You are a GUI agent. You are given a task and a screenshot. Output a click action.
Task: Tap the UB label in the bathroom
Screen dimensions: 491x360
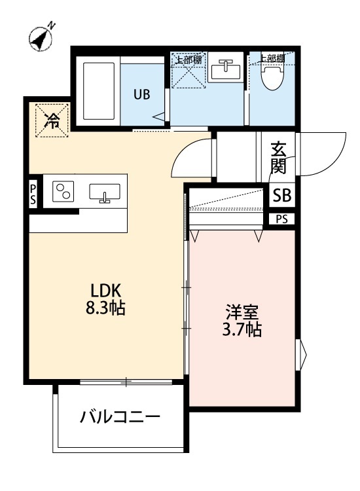(142, 94)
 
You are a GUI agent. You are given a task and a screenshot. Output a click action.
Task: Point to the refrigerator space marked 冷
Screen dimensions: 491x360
(51, 120)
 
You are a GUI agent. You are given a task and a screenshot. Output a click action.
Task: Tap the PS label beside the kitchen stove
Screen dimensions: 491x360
(33, 195)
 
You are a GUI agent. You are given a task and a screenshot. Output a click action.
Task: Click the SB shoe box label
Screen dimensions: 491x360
(283, 195)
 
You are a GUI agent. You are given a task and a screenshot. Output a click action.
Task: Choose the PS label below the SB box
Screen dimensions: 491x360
(281, 219)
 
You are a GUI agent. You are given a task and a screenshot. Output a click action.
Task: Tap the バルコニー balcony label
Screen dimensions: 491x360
(120, 416)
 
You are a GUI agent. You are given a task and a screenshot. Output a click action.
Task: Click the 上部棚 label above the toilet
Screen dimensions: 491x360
(270, 58)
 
